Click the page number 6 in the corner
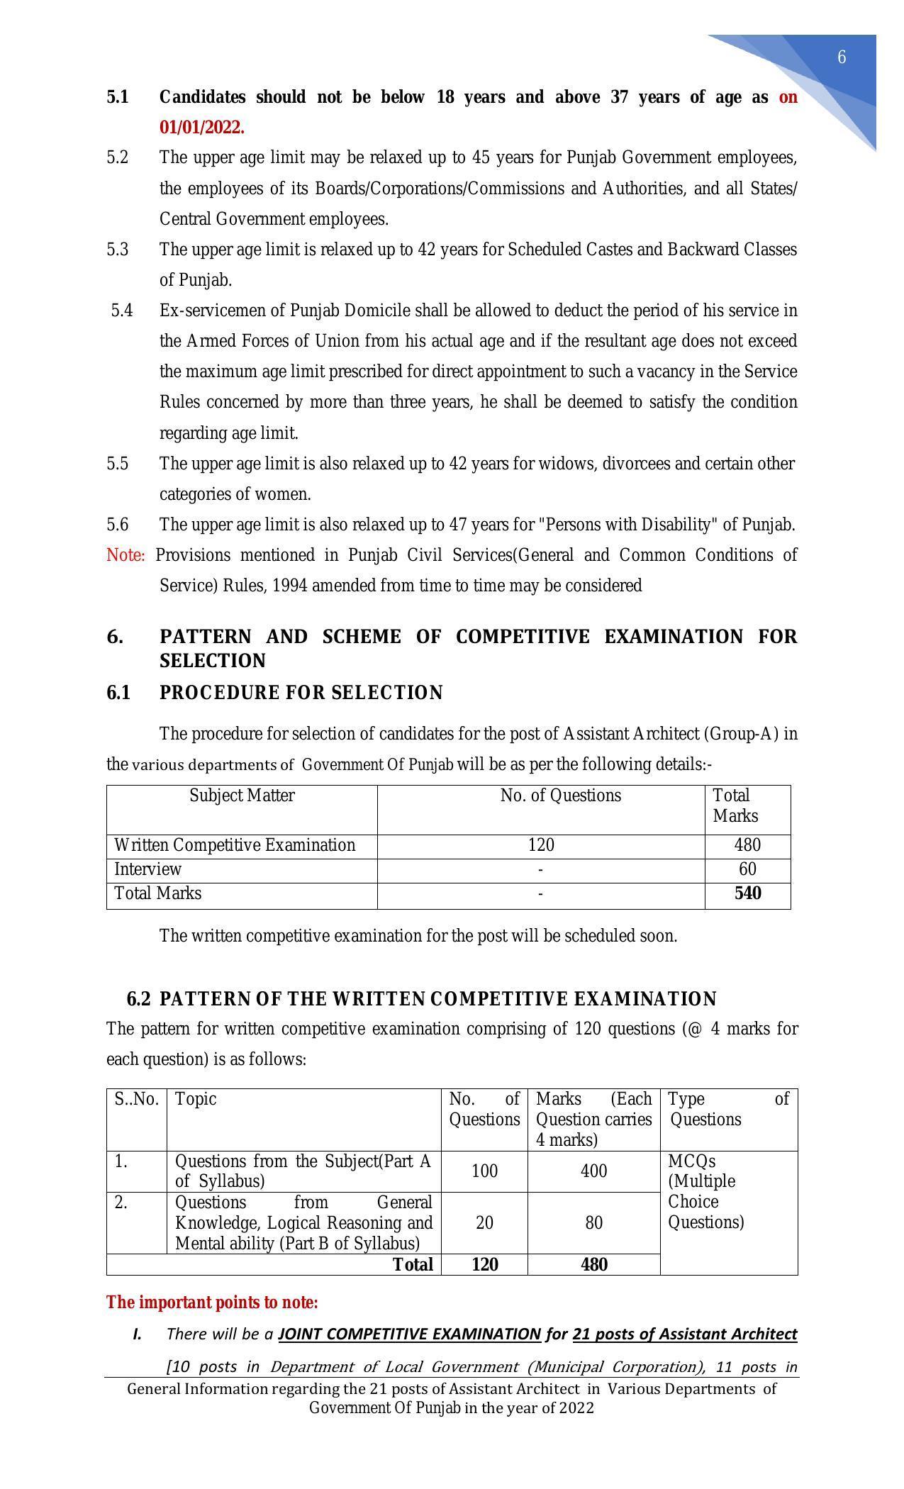click(842, 57)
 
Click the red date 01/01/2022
click(201, 128)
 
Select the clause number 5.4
click(122, 311)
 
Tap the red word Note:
click(125, 555)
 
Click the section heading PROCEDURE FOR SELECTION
click(301, 693)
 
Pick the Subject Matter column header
click(242, 796)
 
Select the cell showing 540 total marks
click(747, 893)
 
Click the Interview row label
click(148, 869)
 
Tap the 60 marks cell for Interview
click(747, 869)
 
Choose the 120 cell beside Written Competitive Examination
click(541, 845)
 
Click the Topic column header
click(196, 1099)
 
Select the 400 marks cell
click(593, 1171)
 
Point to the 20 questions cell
click(484, 1222)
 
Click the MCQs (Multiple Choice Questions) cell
click(705, 1191)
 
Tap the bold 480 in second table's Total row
click(593, 1264)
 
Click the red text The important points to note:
click(212, 1303)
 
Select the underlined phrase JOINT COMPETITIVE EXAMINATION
click(409, 1334)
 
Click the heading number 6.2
click(138, 999)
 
